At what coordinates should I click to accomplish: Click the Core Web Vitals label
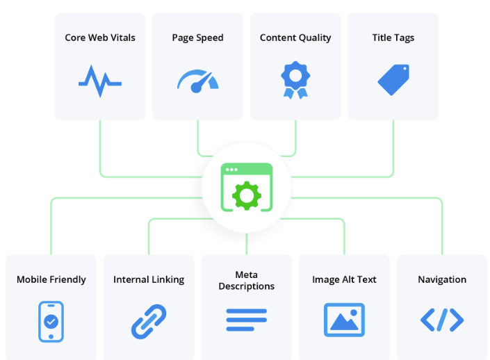[x=99, y=38]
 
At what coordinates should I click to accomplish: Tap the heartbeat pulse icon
[x=99, y=80]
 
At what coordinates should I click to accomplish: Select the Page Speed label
[x=197, y=38]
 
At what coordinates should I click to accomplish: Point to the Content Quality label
[x=295, y=38]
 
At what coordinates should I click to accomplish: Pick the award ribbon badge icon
[x=295, y=80]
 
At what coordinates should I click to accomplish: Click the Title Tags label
[x=393, y=38]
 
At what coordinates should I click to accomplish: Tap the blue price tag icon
[x=393, y=80]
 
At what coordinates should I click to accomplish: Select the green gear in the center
[x=247, y=195]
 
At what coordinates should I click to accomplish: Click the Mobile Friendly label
[x=51, y=279]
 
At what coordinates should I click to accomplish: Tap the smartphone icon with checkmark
[x=51, y=321]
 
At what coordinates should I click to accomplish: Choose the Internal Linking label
[x=149, y=279]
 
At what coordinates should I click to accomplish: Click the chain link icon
[x=149, y=321]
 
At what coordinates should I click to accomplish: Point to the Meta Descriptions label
[x=247, y=280]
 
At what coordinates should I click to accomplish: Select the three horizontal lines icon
[x=247, y=320]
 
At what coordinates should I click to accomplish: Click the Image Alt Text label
[x=344, y=279]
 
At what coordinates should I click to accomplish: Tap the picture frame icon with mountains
[x=344, y=320]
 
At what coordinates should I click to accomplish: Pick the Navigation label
[x=442, y=279]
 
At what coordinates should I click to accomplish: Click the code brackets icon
[x=442, y=320]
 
